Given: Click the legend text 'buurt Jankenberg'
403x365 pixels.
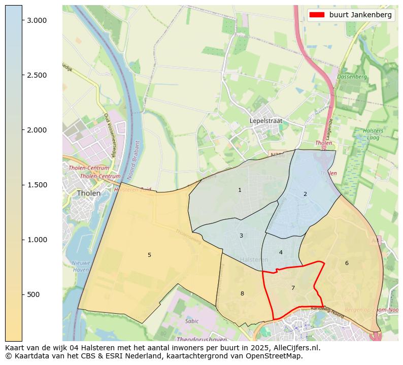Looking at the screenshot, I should pyautogui.click(x=360, y=15).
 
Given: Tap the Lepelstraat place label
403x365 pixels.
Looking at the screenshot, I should pyautogui.click(x=265, y=121).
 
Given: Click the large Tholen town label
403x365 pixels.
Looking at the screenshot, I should pyautogui.click(x=88, y=193).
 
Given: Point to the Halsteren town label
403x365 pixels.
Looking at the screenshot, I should pyautogui.click(x=254, y=259).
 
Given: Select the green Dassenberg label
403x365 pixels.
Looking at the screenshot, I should pyautogui.click(x=352, y=77).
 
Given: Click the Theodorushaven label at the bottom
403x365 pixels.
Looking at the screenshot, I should pyautogui.click(x=199, y=339).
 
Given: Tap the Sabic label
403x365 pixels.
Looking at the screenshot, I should pyautogui.click(x=192, y=321).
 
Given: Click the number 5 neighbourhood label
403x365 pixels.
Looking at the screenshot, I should pyautogui.click(x=149, y=255).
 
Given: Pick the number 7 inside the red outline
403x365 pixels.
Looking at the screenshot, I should pyautogui.click(x=293, y=288).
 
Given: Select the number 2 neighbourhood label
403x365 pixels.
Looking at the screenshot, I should pyautogui.click(x=305, y=194).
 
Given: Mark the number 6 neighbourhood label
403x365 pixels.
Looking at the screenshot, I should pyautogui.click(x=347, y=263).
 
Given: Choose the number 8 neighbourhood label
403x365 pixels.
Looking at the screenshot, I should pyautogui.click(x=242, y=293).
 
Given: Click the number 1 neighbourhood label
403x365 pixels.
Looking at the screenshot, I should pyautogui.click(x=240, y=190).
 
